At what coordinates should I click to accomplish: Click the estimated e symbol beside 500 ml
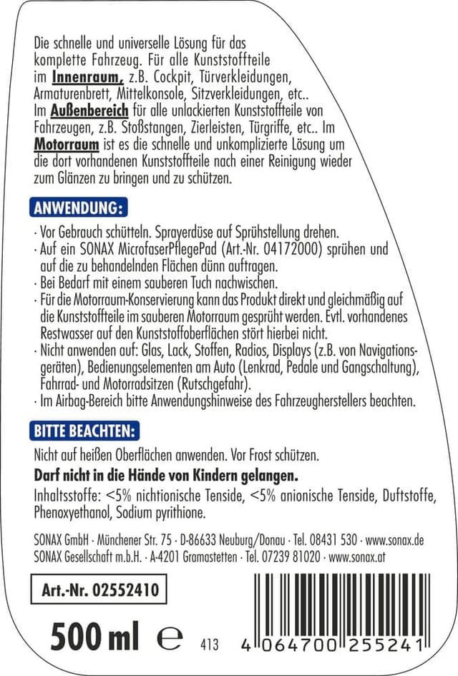click(x=169, y=636)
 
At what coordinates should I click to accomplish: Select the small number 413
click(x=210, y=643)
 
